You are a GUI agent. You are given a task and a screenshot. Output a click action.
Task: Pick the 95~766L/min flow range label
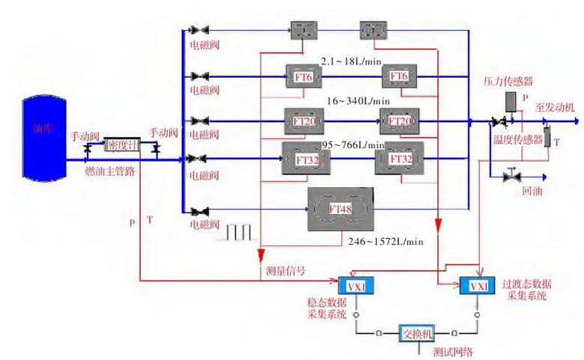(353, 144)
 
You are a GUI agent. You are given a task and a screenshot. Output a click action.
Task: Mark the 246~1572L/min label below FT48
(386, 241)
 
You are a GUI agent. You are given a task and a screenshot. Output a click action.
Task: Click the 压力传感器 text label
(507, 81)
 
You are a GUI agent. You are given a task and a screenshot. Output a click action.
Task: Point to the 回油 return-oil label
(532, 192)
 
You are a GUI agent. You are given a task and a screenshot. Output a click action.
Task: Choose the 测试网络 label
(453, 351)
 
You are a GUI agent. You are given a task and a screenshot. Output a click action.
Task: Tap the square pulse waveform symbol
(237, 233)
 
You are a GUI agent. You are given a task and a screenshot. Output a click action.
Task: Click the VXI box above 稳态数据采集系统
(351, 287)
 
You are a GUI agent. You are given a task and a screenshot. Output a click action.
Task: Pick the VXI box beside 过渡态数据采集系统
(478, 287)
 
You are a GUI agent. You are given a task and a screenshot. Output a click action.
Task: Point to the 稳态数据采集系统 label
(327, 309)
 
